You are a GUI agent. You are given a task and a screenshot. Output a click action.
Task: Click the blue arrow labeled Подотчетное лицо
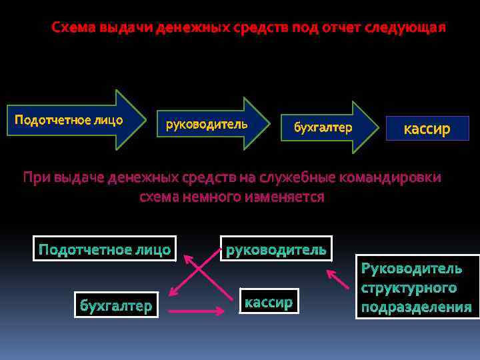tap(73, 120)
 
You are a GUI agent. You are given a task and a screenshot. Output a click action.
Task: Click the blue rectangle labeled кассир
tap(427, 129)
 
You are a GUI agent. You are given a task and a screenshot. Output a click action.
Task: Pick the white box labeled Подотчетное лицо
tap(105, 249)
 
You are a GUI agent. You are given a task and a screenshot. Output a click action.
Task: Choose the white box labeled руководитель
tap(276, 249)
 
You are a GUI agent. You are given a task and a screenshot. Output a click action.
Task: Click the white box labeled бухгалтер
tap(115, 305)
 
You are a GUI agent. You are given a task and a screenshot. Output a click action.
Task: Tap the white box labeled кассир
tap(269, 302)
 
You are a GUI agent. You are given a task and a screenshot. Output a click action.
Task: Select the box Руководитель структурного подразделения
tap(417, 287)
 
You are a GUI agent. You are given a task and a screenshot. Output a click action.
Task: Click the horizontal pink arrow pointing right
tap(196, 311)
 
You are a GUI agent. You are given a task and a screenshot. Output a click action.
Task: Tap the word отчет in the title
tap(339, 29)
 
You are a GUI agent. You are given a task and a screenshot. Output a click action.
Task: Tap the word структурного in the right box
tap(409, 288)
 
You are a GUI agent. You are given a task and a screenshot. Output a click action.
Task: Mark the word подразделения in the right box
tap(417, 307)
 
